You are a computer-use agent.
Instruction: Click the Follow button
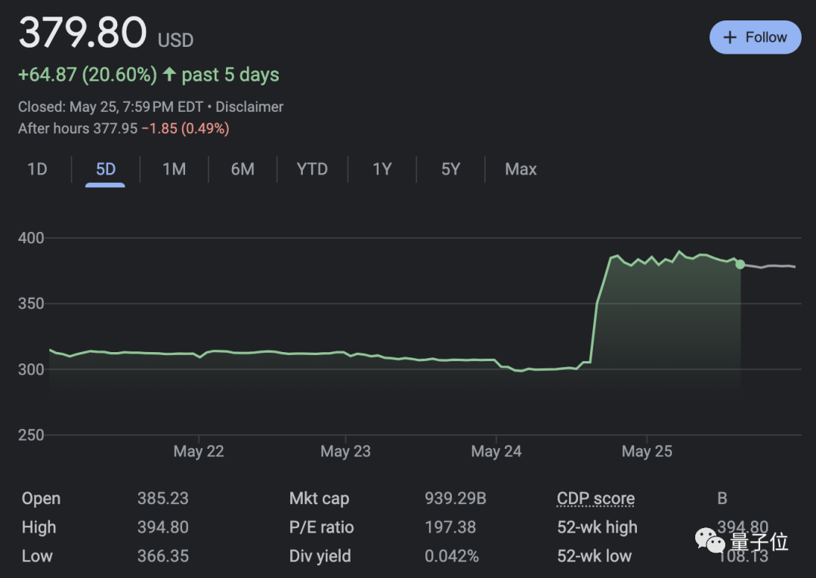[x=755, y=37]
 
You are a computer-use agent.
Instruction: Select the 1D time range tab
[x=37, y=169]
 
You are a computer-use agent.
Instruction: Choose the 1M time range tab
[x=174, y=169]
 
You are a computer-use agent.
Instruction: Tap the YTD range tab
[x=312, y=169]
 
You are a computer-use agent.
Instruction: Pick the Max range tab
[x=521, y=169]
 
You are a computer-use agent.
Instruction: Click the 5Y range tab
[x=450, y=169]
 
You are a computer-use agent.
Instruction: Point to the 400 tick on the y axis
[x=31, y=238]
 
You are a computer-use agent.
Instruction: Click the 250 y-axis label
[x=31, y=435]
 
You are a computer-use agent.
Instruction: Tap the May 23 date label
[x=345, y=452]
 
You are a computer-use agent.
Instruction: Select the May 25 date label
[x=647, y=452]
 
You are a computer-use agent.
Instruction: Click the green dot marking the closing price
[x=740, y=264]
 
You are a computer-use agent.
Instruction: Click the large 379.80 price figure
[x=82, y=34]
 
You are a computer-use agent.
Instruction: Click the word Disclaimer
[x=249, y=107]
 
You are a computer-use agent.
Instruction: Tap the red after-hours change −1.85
[x=159, y=128]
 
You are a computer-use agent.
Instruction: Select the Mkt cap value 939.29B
[x=455, y=499]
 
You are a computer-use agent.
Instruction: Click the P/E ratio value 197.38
[x=450, y=527]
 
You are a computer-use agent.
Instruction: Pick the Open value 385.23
[x=162, y=499]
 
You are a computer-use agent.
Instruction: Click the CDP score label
[x=595, y=499]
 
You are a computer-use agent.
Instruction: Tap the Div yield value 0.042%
[x=452, y=556]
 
